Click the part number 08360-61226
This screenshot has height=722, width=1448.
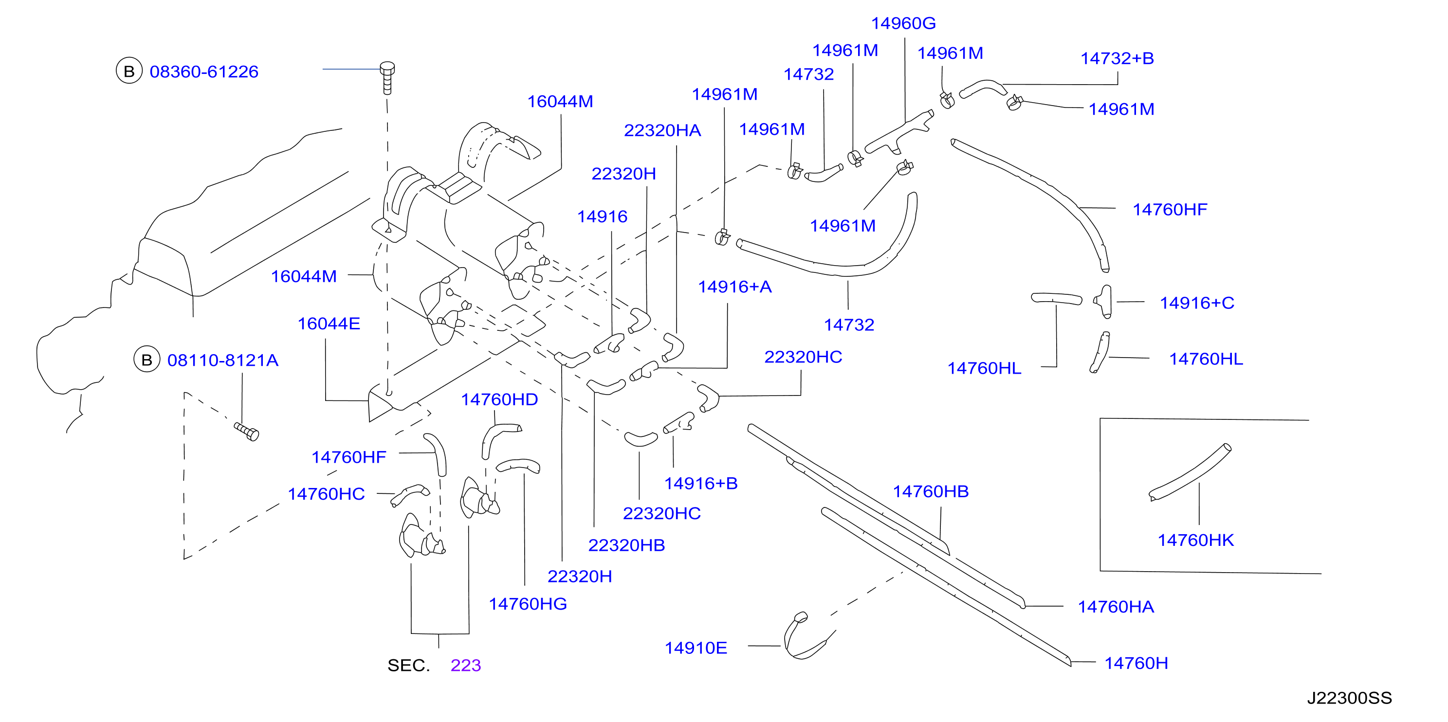coord(204,72)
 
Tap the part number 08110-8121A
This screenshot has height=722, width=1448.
coord(222,360)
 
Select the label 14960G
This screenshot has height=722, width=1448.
coord(903,24)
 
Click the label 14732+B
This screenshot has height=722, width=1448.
coord(1117,58)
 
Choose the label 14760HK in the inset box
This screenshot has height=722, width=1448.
coord(1195,541)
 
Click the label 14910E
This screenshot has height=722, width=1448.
coord(696,649)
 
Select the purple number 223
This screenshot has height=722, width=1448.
coord(465,665)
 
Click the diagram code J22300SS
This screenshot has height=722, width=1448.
coord(1349,698)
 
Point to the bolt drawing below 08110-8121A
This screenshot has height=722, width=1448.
coord(247,432)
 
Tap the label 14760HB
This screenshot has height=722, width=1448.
coord(931,492)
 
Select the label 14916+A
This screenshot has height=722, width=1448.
coord(734,287)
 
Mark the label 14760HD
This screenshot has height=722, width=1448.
coord(499,399)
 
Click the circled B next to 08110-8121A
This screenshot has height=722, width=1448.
coord(147,360)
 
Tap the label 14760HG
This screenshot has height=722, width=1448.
coord(527,604)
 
